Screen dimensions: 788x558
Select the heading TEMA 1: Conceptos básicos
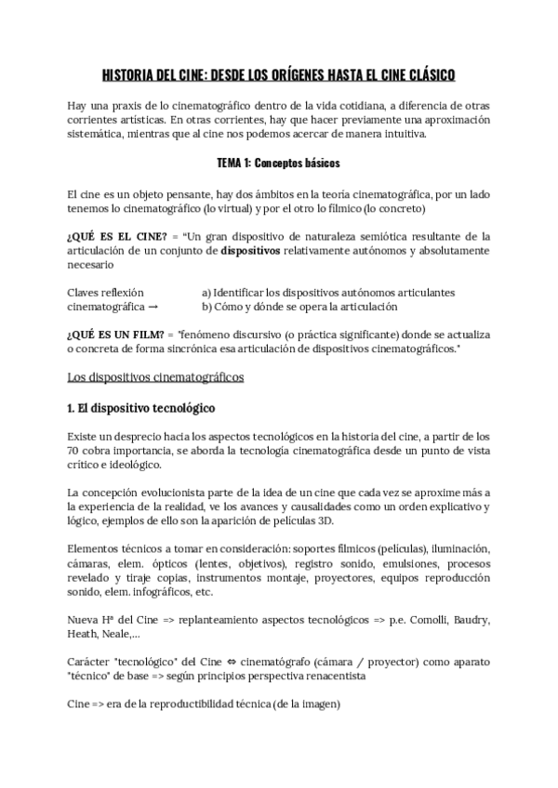point(278,164)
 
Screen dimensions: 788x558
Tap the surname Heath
point(85,636)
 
